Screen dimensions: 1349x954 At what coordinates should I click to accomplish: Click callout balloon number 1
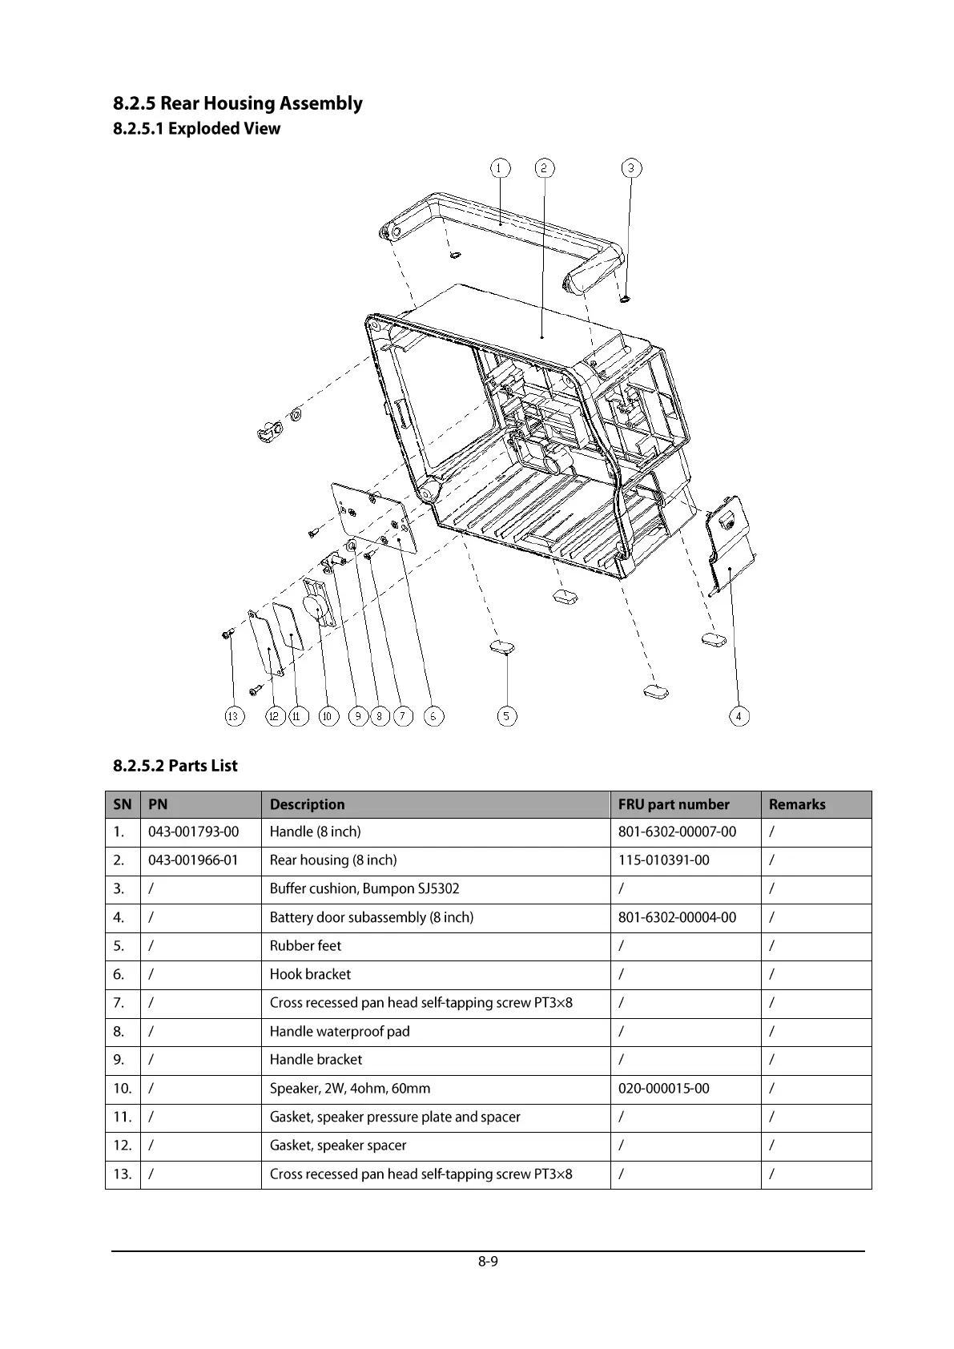click(x=500, y=168)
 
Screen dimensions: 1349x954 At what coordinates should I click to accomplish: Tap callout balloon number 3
click(x=632, y=168)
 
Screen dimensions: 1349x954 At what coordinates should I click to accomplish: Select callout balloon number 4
click(x=739, y=716)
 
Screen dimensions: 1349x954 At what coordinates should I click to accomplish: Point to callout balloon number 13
click(x=234, y=716)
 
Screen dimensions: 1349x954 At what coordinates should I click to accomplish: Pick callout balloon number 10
click(x=328, y=716)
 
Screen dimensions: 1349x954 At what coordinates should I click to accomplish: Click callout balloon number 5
click(x=506, y=716)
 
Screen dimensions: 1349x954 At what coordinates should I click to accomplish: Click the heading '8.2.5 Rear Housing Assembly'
click(x=237, y=103)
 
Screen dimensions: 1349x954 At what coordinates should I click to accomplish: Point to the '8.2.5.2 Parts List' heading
click(x=175, y=766)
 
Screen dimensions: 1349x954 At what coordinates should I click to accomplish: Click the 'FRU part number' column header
click(x=674, y=804)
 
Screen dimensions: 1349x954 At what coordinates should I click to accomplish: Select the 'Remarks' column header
click(x=796, y=804)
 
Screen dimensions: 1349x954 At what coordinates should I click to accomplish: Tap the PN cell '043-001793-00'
click(x=193, y=832)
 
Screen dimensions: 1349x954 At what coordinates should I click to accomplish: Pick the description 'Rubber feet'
click(x=305, y=946)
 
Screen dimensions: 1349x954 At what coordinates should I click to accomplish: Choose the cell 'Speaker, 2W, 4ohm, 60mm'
click(x=350, y=1089)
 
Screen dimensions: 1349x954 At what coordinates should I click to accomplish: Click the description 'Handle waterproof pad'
click(x=340, y=1032)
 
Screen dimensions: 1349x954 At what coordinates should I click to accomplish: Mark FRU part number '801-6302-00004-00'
click(x=677, y=917)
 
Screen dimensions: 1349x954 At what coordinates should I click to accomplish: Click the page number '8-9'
click(x=488, y=1262)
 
